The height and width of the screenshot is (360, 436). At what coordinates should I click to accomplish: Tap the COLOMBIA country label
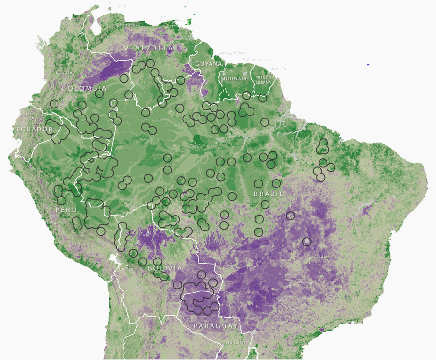pos(84,88)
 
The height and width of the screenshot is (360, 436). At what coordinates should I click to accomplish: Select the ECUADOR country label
pos(35,129)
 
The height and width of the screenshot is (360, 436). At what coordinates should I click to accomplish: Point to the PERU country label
pos(66,210)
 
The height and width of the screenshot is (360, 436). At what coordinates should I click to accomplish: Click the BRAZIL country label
pos(269,194)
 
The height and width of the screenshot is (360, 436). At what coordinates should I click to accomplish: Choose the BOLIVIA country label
pos(165,268)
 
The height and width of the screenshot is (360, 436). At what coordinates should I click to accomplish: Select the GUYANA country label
pos(208,64)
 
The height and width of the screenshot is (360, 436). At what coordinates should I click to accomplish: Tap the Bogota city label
pos(64,72)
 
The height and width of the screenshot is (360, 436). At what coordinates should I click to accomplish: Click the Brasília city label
pos(320,256)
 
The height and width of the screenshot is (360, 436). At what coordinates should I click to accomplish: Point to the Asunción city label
pos(234,342)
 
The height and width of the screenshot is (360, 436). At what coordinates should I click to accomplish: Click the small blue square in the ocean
pos(369,65)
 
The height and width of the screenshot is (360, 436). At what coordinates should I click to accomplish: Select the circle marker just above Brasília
pos(306,242)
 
